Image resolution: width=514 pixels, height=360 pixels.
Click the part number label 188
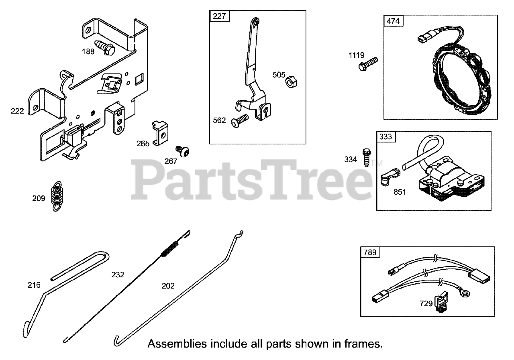(88, 51)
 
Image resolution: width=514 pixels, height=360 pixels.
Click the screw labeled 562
(240, 121)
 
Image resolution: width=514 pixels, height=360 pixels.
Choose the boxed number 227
(220, 16)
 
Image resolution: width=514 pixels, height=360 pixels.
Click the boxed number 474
(394, 21)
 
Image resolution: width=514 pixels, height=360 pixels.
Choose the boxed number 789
(370, 252)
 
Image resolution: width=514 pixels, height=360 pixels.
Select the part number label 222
(17, 111)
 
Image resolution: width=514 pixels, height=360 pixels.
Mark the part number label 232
(118, 275)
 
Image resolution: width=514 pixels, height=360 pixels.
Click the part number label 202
(168, 286)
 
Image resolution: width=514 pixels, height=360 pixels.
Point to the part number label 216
(34, 285)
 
